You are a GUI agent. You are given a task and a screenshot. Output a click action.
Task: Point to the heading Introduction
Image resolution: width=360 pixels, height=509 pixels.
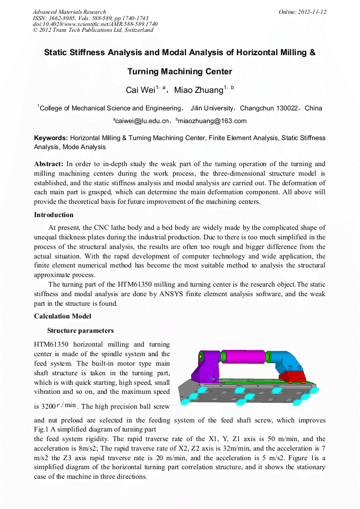54,215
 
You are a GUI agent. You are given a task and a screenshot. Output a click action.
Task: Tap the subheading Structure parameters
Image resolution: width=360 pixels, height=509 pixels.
80,331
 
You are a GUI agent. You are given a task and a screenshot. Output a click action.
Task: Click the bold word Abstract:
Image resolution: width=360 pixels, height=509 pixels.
49,164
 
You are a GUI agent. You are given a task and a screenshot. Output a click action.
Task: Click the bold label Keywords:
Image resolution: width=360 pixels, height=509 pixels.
51,138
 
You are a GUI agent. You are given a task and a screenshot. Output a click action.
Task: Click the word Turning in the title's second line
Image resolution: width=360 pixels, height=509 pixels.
146,72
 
